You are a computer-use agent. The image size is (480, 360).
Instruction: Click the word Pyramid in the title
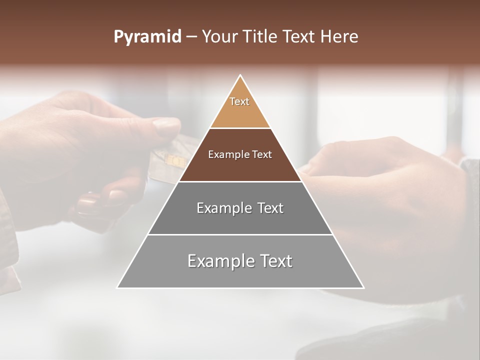click(x=147, y=37)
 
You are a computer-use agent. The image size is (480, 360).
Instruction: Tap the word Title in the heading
click(x=262, y=37)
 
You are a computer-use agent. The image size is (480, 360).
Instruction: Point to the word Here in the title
click(x=339, y=37)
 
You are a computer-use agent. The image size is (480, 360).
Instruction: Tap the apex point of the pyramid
click(x=240, y=76)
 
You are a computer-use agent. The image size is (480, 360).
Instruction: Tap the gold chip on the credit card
click(x=175, y=160)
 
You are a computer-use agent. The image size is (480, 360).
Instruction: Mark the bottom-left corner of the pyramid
click(x=117, y=287)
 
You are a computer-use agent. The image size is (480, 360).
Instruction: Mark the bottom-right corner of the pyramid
click(x=363, y=287)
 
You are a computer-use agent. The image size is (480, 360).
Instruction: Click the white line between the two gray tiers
click(x=240, y=234)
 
